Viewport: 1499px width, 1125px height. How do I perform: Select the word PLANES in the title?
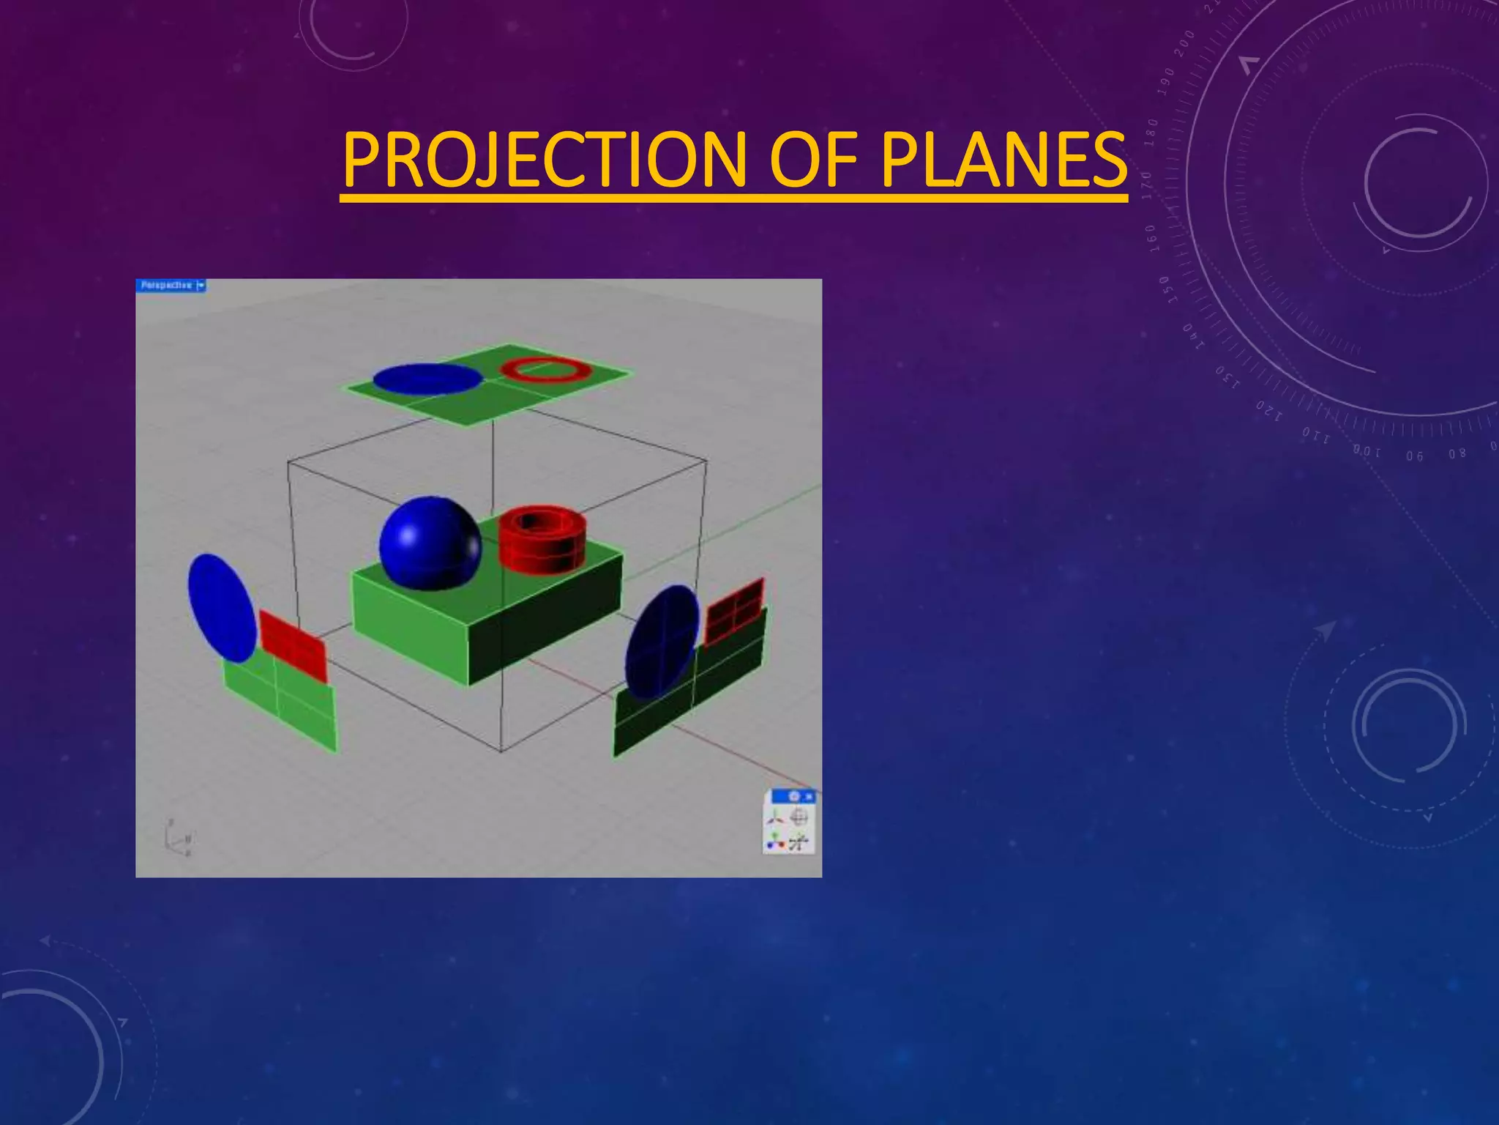point(1003,160)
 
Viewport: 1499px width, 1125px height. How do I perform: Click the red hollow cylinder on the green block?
point(542,539)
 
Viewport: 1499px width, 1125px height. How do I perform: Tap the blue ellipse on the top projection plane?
point(428,379)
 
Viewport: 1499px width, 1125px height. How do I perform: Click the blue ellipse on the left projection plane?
point(221,607)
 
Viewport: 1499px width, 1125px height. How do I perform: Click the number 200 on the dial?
point(1184,44)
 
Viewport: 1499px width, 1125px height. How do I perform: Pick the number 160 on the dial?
point(1151,238)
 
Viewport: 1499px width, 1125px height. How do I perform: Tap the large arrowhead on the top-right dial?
point(1249,65)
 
